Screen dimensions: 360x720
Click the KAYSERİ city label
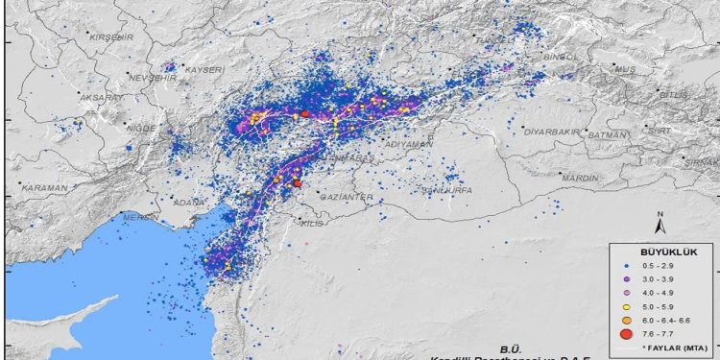(x=204, y=70)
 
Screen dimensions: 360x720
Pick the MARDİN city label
(x=579, y=179)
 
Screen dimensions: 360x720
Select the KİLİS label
(x=313, y=223)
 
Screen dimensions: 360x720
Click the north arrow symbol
(x=660, y=225)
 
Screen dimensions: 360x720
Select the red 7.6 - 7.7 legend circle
(x=625, y=334)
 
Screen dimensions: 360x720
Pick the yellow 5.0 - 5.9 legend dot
(x=625, y=304)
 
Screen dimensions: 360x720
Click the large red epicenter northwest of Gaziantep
(x=298, y=182)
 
